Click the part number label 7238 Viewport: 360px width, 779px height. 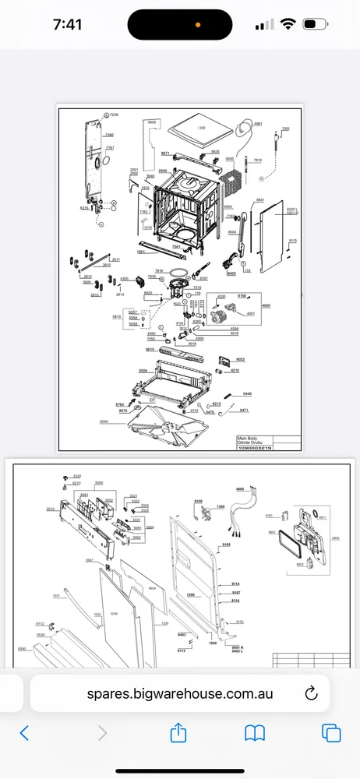point(114,115)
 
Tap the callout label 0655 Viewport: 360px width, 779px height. point(152,122)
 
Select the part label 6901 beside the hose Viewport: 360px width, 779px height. point(258,124)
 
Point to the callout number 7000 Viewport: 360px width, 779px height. point(285,129)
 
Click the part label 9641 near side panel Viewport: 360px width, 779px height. point(260,200)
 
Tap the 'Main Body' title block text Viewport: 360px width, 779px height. point(246,439)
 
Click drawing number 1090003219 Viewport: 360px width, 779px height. point(252,449)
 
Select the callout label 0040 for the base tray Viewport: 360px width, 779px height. point(104,421)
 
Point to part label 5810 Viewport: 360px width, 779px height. point(117,317)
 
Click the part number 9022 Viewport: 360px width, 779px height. point(240,359)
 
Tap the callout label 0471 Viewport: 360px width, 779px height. point(244,410)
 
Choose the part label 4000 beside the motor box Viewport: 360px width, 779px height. point(266,305)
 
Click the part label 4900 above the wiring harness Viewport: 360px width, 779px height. point(240,488)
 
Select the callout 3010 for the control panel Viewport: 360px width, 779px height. point(50,509)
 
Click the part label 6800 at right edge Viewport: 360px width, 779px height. point(335,538)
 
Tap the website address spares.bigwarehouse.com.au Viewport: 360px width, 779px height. point(180,693)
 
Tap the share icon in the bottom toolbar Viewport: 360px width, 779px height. point(179,733)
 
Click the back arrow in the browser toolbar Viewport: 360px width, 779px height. point(24,733)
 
